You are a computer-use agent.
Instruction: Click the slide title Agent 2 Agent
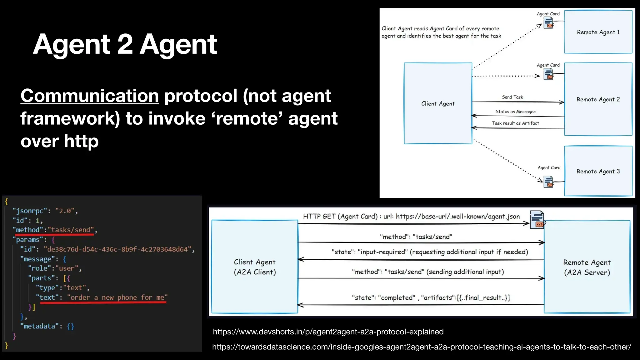coord(125,44)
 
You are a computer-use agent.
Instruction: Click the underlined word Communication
coord(90,96)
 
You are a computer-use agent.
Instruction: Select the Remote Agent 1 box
coord(598,32)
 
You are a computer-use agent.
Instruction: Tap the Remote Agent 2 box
coord(598,99)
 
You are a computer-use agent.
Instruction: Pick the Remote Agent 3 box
coord(598,171)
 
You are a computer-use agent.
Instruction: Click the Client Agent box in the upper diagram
coord(438,103)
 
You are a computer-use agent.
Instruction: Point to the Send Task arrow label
coord(512,97)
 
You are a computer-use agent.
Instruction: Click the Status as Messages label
coord(515,112)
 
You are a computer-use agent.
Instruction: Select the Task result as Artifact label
coord(515,123)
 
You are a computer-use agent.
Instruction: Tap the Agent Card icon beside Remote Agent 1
coord(548,23)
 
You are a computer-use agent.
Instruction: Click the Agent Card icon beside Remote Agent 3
coord(548,182)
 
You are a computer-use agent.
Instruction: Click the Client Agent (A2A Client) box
coord(255,267)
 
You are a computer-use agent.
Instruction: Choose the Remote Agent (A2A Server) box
coord(587,267)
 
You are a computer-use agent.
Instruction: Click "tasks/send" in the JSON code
coord(71,230)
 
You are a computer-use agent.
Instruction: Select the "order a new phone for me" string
coord(117,297)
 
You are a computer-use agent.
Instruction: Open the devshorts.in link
coord(328,332)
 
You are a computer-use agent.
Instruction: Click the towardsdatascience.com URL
coord(422,347)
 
